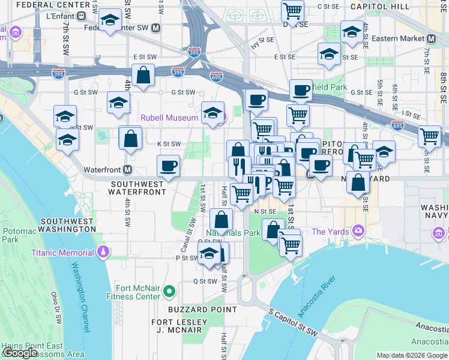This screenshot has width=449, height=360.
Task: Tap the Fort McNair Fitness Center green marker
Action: pos(169,292)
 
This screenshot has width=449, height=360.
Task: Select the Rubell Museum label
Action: pos(170,118)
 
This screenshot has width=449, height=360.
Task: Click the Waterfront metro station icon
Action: pos(128,170)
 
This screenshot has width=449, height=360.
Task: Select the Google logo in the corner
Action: pos(20,353)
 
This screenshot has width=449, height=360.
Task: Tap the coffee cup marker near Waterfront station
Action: pos(168,164)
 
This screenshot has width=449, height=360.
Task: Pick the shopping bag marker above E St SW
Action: pos(143,76)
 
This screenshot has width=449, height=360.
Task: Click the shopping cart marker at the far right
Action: pos(429,136)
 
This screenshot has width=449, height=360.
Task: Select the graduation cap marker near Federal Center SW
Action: pos(109,22)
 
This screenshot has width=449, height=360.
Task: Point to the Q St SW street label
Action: pos(205,281)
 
